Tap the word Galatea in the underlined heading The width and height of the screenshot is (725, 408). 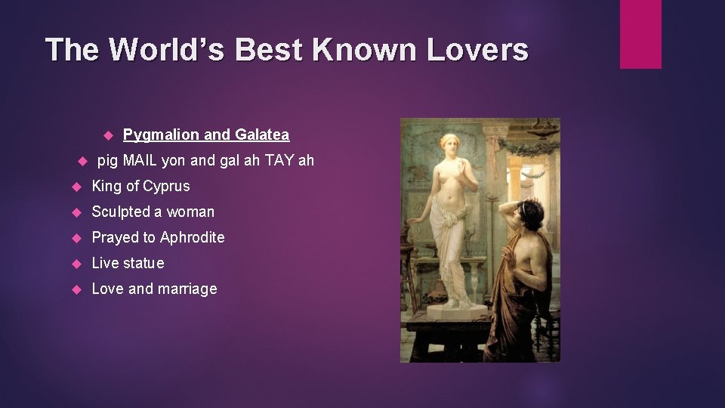(x=262, y=135)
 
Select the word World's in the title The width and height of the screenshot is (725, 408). (x=169, y=50)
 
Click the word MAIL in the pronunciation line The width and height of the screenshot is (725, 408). (x=140, y=160)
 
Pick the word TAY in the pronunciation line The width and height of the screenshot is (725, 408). (x=280, y=160)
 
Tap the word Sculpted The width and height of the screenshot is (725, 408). (x=120, y=212)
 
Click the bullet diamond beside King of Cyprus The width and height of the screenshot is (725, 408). (x=76, y=187)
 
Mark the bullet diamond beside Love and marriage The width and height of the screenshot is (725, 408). (x=76, y=289)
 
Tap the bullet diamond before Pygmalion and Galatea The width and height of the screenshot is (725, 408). (x=107, y=135)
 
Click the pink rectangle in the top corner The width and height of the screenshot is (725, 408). (x=640, y=34)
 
